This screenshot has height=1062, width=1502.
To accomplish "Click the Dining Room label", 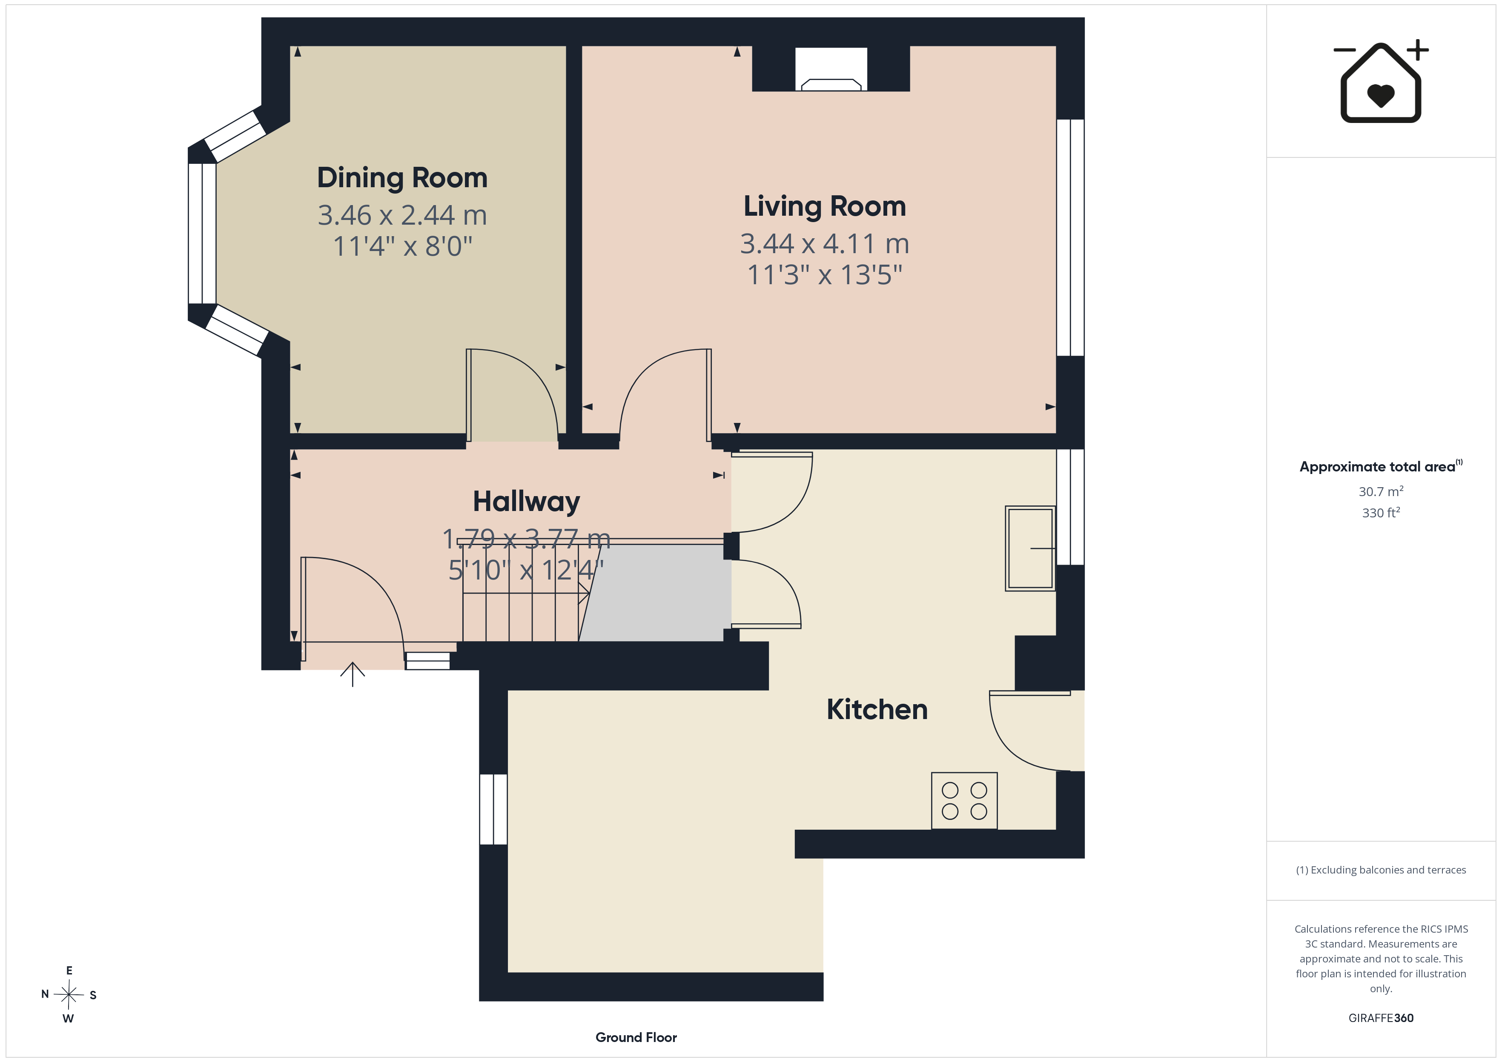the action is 402,178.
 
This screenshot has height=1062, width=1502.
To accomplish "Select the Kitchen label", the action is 877,710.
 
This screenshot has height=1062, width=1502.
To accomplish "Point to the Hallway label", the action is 527,502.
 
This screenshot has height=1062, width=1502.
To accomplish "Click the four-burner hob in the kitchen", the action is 964,801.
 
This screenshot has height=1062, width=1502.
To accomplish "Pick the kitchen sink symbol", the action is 1030,548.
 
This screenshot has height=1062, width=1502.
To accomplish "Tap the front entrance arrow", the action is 353,674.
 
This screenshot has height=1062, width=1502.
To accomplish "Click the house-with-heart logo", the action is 1381,82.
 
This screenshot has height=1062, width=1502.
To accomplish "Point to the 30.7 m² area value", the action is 1381,491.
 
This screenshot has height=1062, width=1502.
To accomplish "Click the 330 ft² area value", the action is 1381,513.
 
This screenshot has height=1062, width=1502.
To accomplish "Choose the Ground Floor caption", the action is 636,1037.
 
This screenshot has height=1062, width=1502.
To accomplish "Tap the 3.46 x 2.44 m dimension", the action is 402,215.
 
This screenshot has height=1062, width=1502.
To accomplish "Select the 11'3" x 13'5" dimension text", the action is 825,275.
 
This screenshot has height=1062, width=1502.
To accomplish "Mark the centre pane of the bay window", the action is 202,234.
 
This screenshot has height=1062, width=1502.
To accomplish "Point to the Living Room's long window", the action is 1070,237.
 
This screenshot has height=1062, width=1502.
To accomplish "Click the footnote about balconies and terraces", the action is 1381,870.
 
